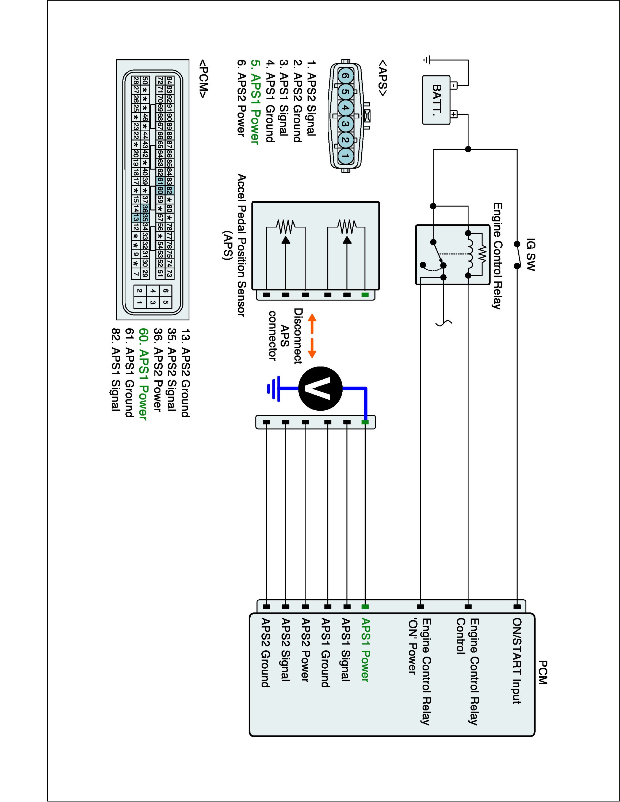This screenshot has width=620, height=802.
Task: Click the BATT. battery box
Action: coord(436,100)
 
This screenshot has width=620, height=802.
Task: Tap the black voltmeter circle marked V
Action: coord(320,388)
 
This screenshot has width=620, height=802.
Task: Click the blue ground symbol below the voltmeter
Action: coord(274,388)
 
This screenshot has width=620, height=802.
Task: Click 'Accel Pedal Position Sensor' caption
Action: coord(241,245)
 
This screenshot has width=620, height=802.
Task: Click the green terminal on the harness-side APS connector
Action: coord(365,422)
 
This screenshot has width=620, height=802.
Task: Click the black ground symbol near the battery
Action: coord(427,60)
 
